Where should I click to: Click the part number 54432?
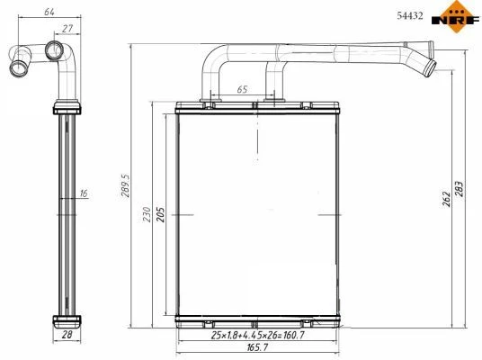(410, 15)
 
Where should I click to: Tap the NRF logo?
(456, 17)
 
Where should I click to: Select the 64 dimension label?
(49, 12)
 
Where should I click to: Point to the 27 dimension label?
(67, 28)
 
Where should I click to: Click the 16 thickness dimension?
(84, 193)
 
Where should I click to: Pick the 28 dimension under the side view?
(67, 335)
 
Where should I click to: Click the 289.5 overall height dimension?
(125, 185)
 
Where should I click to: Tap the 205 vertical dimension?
(161, 214)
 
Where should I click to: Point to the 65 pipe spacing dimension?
(242, 89)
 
